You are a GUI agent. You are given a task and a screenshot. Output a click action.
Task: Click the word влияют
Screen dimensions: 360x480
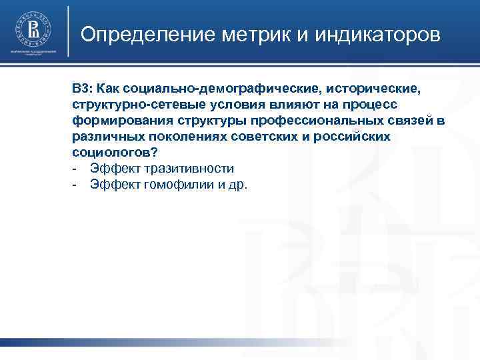(287, 105)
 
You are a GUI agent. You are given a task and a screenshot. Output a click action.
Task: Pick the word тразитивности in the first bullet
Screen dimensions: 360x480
(188, 169)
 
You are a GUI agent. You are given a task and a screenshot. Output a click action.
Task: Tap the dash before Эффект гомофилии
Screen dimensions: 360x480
(76, 185)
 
